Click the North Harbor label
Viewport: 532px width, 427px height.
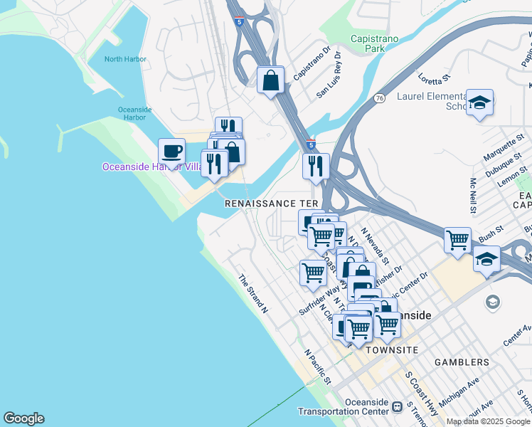coord(123,59)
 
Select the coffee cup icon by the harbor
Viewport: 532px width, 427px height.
coord(171,151)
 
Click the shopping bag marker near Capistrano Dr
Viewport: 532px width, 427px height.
coord(271,80)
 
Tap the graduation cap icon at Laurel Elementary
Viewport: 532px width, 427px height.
coord(479,102)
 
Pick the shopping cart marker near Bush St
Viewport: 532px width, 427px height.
coord(457,239)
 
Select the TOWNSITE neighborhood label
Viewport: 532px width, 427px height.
coord(390,350)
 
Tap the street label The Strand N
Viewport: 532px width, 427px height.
coord(253,295)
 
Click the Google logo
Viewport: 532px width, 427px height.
coord(23,418)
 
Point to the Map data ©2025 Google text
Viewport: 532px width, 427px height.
coord(488,421)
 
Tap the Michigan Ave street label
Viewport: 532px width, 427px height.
coord(459,392)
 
